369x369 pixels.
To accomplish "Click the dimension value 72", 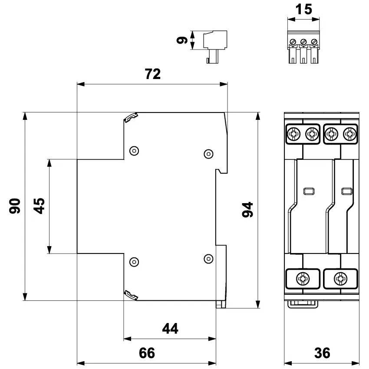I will (152, 74).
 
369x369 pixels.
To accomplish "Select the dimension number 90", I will (16, 206).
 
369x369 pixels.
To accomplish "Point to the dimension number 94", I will (248, 210).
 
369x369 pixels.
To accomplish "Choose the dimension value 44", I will (170, 329).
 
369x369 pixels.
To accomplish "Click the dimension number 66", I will (146, 353).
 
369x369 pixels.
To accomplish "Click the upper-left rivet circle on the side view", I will (135, 151).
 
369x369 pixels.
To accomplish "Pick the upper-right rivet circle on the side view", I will (208, 154).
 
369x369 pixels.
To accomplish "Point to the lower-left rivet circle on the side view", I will (135, 262).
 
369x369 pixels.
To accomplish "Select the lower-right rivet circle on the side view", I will (208, 259).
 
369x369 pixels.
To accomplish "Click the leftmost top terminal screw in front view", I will (293, 134).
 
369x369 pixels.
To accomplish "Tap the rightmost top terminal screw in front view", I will (349, 134).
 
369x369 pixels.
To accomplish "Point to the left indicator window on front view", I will (308, 191).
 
